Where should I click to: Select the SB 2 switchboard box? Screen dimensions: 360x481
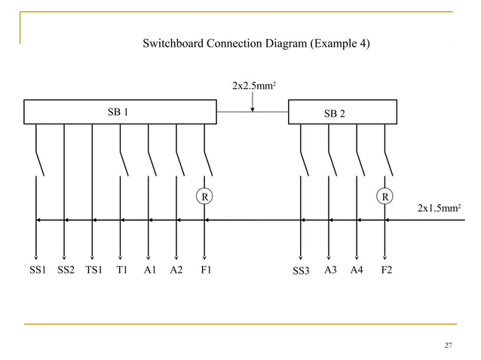(x=342, y=112)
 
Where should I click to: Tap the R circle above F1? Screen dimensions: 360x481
(x=204, y=197)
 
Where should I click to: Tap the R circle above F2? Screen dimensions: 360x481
(x=385, y=197)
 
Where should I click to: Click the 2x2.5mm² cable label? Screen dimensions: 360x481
(x=253, y=87)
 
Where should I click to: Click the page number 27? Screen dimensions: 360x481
(x=448, y=346)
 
